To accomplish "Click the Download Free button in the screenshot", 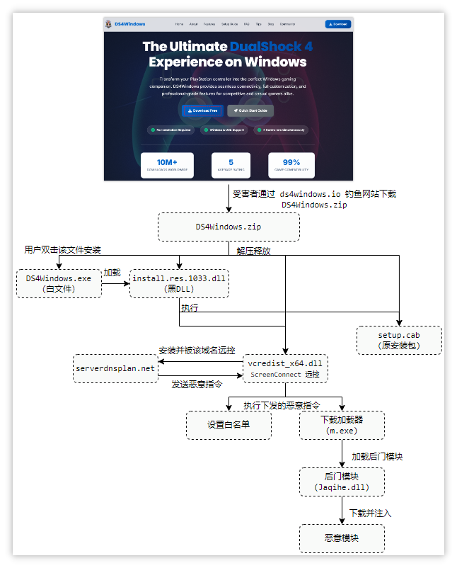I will (203, 110).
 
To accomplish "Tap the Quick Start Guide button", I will (250, 110).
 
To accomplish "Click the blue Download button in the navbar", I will (338, 23).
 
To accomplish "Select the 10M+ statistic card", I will (167, 165).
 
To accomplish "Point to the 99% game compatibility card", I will (291, 165).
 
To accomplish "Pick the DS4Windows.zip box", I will (228, 227).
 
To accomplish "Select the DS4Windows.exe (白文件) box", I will (59, 283).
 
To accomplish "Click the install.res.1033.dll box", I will (179, 283).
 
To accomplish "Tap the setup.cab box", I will (399, 340).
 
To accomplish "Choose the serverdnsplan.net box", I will (115, 368).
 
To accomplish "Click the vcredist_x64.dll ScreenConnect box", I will (285, 368).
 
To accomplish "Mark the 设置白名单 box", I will (228, 425).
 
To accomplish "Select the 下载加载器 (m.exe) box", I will (342, 425).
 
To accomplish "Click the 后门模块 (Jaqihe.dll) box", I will (342, 482).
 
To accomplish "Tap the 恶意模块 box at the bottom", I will (342, 538).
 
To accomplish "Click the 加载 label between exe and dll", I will (112, 273).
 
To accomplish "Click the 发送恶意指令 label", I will (197, 385).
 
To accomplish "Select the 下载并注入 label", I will (370, 512).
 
